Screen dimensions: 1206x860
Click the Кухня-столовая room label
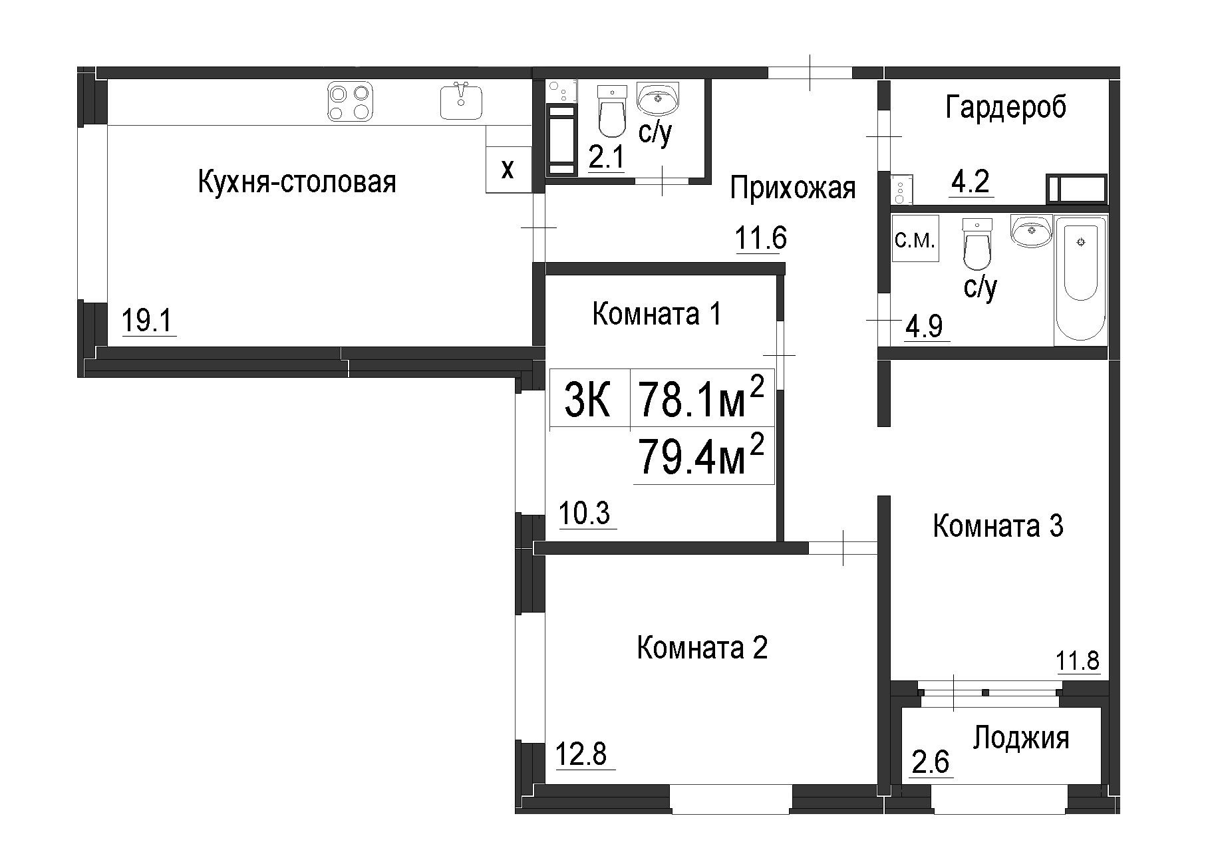[x=297, y=182]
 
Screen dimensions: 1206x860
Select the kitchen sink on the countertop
[x=461, y=101]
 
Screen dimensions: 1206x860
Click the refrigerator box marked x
[x=508, y=169]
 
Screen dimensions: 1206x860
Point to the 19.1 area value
[x=148, y=322]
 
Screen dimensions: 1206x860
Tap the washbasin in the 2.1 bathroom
[x=659, y=98]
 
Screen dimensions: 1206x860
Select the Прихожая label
[x=792, y=188]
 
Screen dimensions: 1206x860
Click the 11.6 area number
[x=760, y=238]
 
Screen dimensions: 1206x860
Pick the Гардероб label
[x=1005, y=107]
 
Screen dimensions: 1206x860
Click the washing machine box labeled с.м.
[x=915, y=239]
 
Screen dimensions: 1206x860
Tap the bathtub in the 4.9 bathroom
[x=1080, y=280]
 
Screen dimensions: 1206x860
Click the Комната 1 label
[x=657, y=313]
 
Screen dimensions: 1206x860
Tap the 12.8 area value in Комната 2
[x=581, y=755]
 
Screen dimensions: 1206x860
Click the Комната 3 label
[x=998, y=525]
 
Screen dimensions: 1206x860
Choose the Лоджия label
[x=1021, y=739]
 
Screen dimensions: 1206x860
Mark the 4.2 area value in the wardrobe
[x=971, y=182]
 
